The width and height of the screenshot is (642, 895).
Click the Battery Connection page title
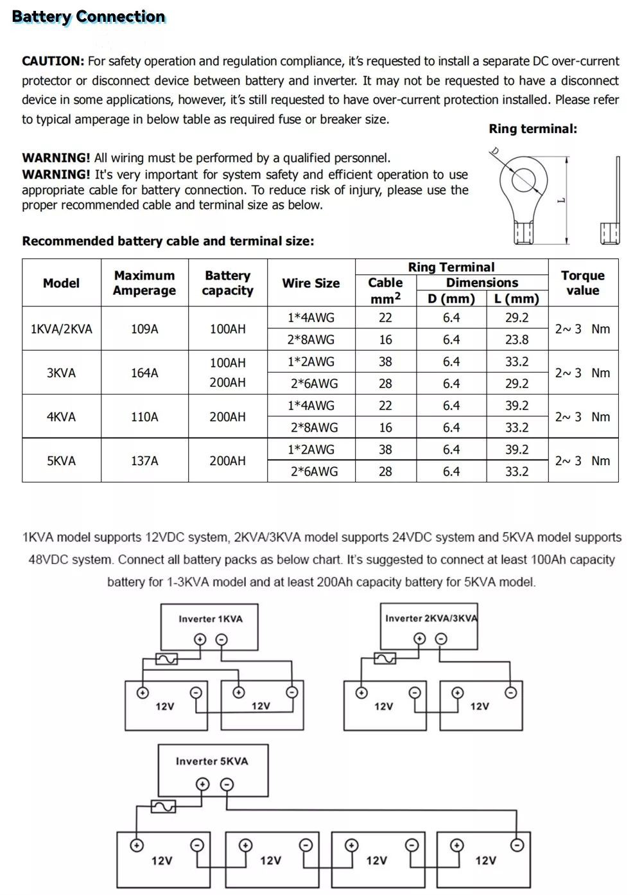89,17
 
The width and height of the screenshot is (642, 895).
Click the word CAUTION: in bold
53,61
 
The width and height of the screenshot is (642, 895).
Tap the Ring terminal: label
533,128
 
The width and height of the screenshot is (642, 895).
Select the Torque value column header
583,283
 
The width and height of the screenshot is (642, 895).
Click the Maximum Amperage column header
144,283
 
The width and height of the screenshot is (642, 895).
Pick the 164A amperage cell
144,373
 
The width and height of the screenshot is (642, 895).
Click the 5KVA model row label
61,461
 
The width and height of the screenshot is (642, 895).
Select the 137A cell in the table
144,461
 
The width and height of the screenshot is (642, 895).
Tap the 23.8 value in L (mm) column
517,339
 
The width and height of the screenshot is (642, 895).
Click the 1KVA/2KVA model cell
61,329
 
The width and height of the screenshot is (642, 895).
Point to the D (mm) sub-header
451,299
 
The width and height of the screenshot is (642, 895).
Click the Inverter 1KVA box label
211,619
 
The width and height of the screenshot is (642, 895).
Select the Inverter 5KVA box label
212,761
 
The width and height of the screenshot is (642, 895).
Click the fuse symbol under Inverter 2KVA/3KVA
385,659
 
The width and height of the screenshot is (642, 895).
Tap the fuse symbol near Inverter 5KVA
163,806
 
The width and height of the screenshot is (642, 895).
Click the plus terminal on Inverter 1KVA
200,639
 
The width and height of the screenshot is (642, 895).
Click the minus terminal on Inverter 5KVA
227,784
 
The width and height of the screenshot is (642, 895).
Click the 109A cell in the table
144,329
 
